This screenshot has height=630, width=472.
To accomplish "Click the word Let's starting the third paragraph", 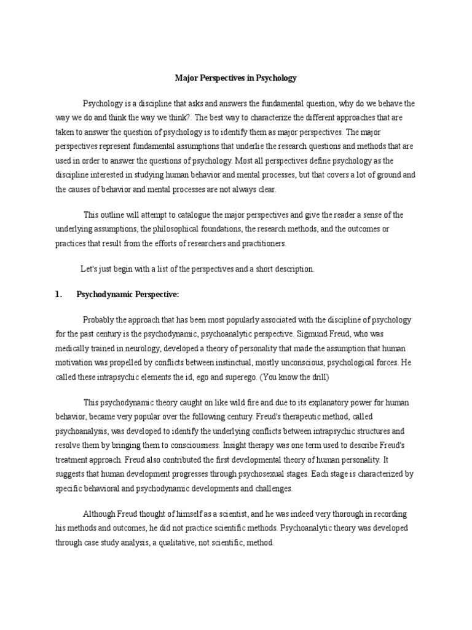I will (90, 269).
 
